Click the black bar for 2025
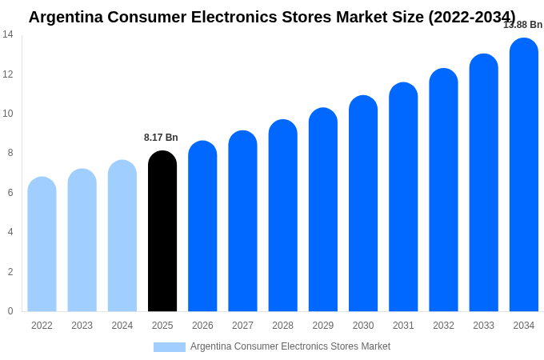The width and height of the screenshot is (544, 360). click(x=162, y=231)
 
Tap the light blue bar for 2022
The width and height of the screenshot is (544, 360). click(x=42, y=244)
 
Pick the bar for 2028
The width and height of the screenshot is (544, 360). click(x=282, y=215)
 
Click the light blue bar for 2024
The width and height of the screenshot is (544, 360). click(x=122, y=236)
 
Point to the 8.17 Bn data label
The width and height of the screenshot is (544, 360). click(x=161, y=138)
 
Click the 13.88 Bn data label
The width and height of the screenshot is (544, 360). click(x=522, y=25)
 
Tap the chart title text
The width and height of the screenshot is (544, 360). click(x=272, y=17)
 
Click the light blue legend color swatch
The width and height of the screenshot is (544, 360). click(x=169, y=347)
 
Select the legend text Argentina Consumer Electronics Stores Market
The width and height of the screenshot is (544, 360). click(x=290, y=346)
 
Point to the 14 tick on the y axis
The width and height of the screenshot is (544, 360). click(x=8, y=34)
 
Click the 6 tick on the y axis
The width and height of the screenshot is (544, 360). click(x=10, y=193)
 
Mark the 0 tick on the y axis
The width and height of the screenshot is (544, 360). click(x=10, y=311)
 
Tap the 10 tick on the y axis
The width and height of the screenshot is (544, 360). click(x=8, y=114)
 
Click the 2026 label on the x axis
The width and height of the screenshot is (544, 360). click(x=202, y=326)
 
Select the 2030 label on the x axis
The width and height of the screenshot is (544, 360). click(x=363, y=326)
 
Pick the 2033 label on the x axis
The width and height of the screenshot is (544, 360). click(x=483, y=326)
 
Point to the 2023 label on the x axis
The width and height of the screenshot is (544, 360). click(x=82, y=326)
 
